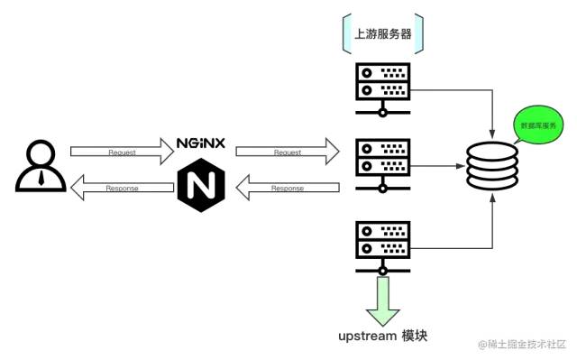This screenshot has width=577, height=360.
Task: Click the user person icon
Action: coord(41,166)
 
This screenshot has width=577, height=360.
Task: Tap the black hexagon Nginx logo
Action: coord(201,186)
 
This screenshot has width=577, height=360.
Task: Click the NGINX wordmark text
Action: coord(201,143)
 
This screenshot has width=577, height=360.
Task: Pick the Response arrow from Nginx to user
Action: coord(122,188)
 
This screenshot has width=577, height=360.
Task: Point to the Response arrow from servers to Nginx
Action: coord(288,188)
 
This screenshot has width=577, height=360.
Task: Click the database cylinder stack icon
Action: coord(492,166)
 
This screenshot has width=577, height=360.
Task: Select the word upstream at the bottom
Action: coord(368,336)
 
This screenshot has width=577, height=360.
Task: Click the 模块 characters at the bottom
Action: coord(415,336)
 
